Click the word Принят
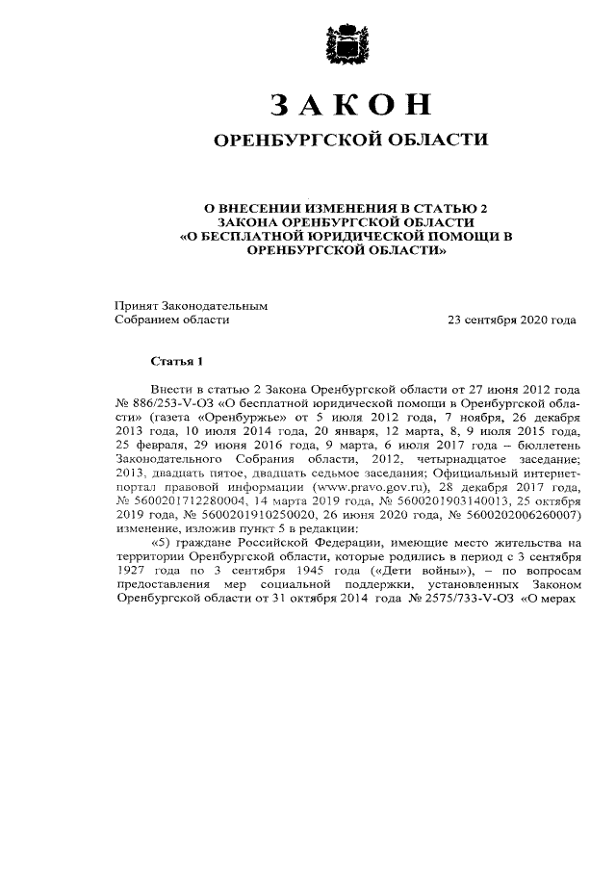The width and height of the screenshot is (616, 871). (137, 305)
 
